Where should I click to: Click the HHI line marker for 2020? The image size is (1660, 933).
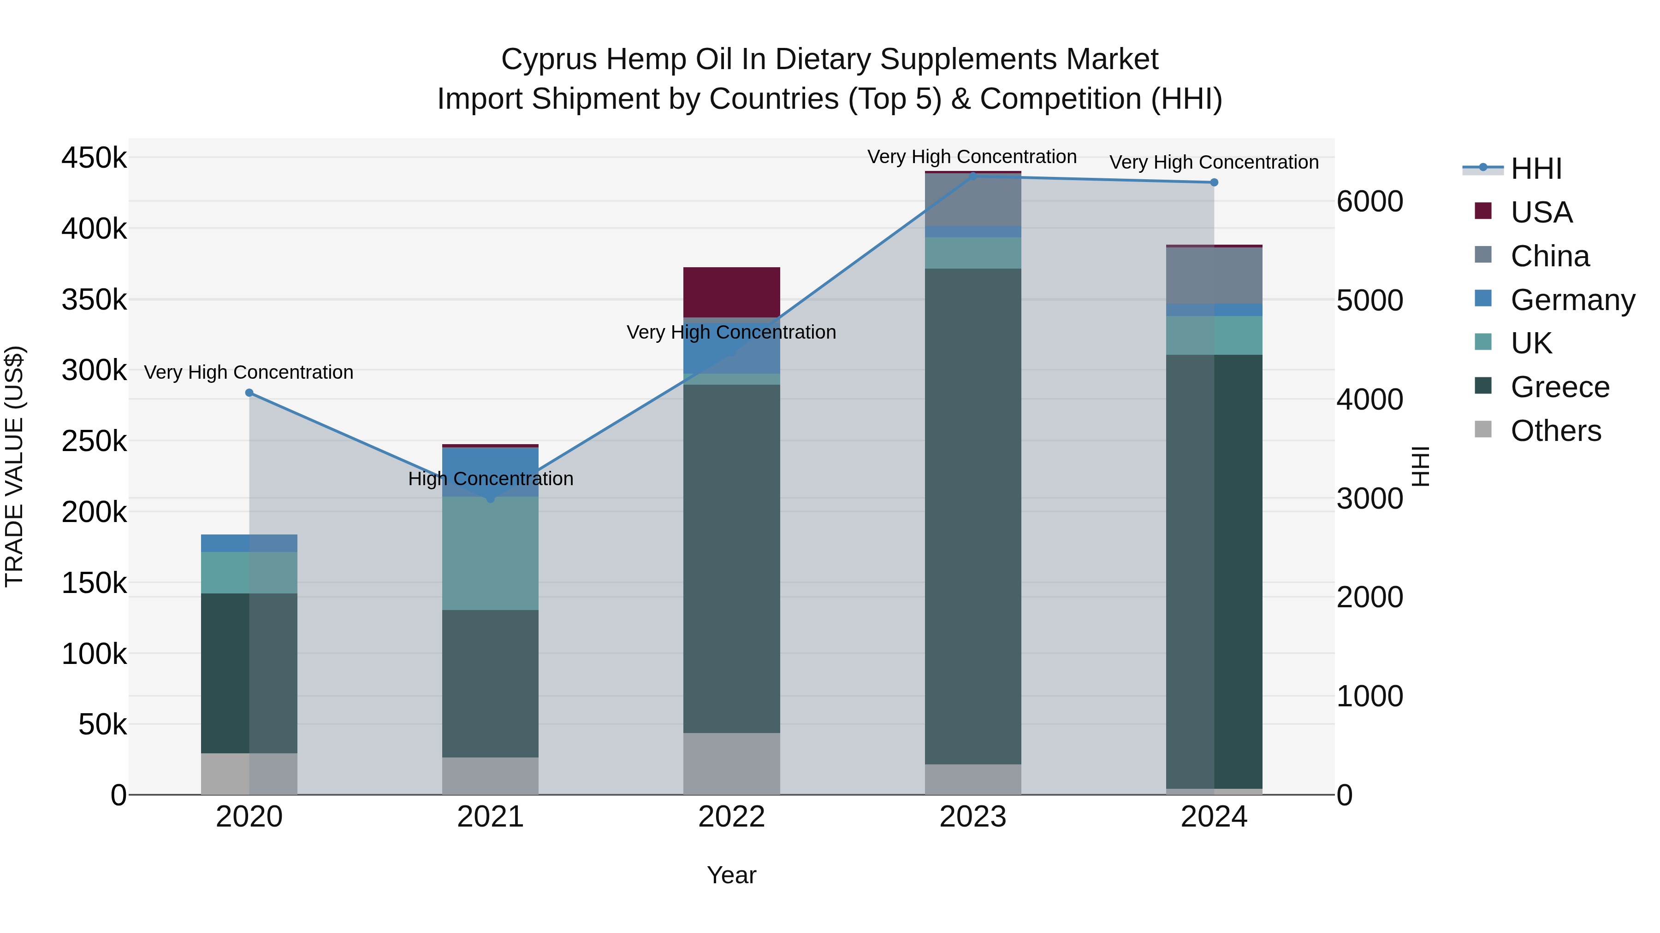click(x=249, y=393)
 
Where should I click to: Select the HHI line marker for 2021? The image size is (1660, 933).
click(x=491, y=499)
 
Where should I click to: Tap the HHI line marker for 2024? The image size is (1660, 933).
click(x=1214, y=182)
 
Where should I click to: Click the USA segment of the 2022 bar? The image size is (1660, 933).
click(x=731, y=292)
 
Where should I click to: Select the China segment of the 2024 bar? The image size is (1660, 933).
click(x=1214, y=276)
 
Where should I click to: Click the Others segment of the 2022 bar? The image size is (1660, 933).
click(x=731, y=763)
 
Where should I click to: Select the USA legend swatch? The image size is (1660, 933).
click(x=1483, y=211)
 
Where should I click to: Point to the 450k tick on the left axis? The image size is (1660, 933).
click(x=94, y=158)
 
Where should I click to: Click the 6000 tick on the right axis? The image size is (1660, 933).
click(x=1369, y=201)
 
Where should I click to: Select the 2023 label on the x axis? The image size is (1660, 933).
click(x=972, y=817)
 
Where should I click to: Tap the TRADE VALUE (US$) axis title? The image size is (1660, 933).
click(x=14, y=466)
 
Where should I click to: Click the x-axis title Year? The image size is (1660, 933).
click(x=731, y=875)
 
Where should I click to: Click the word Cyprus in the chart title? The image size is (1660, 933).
click(x=550, y=59)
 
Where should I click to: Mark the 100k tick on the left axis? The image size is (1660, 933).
click(x=94, y=654)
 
